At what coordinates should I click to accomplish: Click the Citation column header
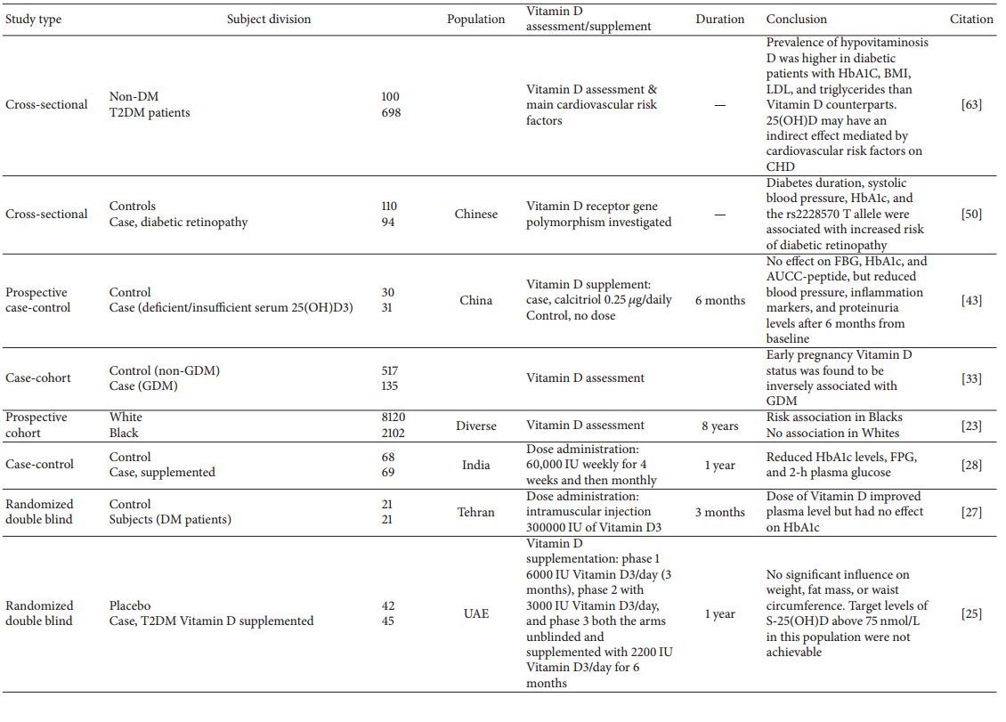(970, 19)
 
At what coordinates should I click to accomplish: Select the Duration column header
(719, 19)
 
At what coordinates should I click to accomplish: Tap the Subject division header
(269, 19)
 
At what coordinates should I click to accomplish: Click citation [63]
(971, 105)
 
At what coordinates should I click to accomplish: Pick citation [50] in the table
(971, 214)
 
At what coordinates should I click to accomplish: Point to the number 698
(390, 113)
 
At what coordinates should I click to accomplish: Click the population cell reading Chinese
(476, 214)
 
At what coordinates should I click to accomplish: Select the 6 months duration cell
(719, 300)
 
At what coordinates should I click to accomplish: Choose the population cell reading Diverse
(476, 426)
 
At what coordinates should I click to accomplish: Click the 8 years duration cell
(719, 426)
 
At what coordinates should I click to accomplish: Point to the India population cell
(476, 464)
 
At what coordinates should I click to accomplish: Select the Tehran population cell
(476, 512)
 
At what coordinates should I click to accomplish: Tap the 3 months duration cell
(719, 512)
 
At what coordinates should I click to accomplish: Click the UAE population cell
(476, 613)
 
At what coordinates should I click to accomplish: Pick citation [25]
(971, 613)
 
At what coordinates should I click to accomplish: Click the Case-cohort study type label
(38, 377)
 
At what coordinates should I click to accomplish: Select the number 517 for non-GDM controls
(390, 370)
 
